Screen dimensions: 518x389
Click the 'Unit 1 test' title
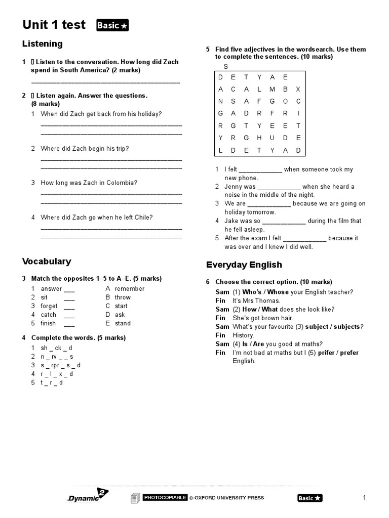pos(54,25)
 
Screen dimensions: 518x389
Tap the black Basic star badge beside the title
pos(112,25)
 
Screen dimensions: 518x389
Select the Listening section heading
pos(43,44)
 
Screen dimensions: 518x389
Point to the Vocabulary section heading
pos(47,262)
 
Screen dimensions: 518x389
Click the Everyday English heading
pos(244,265)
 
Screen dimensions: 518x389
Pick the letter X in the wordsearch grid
pos(298,89)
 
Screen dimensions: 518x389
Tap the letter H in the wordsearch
pos(259,138)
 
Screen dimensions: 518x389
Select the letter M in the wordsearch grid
pos(273,89)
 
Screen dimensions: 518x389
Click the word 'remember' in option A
pos(130,289)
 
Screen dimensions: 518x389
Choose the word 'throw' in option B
pos(123,297)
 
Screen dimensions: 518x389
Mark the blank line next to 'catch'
pos(69,315)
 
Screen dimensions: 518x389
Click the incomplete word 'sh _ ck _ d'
pos(57,348)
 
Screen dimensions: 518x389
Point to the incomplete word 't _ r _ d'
pos(52,383)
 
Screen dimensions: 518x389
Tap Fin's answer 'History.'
pos(243,335)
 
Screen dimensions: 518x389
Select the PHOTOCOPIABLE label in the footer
pos(165,498)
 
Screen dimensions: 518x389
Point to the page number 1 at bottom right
pos(364,498)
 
